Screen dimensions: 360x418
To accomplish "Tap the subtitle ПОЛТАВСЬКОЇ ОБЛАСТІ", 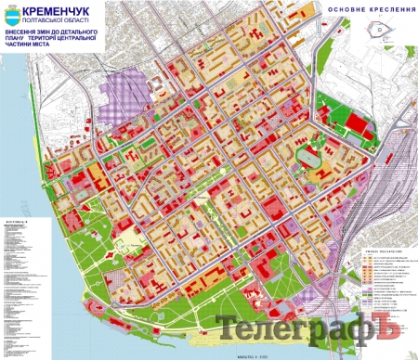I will tap(69, 19).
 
